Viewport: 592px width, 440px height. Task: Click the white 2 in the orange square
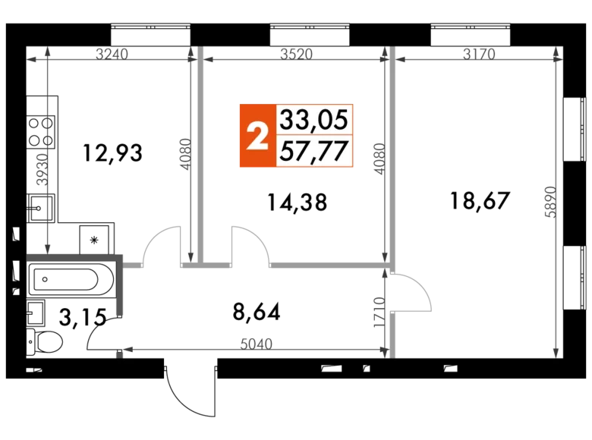pyautogui.click(x=258, y=137)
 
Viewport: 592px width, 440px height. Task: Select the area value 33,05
pyautogui.click(x=314, y=119)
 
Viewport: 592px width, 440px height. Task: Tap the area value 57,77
pyautogui.click(x=314, y=151)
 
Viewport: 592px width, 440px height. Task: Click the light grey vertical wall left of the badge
pyautogui.click(x=200, y=159)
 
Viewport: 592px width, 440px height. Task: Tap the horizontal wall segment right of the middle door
pyautogui.click(x=326, y=266)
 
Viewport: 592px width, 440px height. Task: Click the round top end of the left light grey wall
pyautogui.click(x=200, y=53)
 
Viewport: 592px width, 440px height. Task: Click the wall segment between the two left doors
pyautogui.click(x=192, y=266)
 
